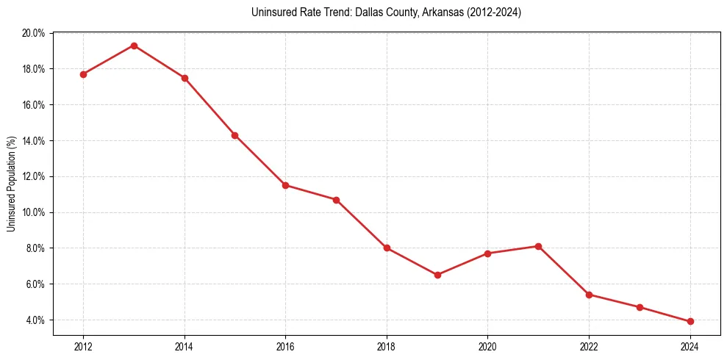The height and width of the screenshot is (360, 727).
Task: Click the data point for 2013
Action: click(134, 46)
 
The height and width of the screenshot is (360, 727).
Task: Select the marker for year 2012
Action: click(83, 74)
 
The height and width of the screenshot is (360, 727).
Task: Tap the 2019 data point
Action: click(437, 275)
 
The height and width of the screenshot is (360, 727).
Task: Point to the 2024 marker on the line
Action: click(690, 321)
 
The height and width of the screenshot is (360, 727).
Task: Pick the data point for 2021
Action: click(539, 246)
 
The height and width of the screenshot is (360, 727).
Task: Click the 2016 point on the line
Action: click(285, 185)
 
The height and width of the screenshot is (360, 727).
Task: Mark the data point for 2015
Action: click(234, 135)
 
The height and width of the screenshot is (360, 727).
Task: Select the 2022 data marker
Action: click(589, 295)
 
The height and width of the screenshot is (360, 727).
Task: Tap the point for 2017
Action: click(336, 200)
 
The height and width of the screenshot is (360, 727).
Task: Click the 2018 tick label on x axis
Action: click(387, 347)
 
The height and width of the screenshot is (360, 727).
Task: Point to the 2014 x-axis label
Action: click(185, 347)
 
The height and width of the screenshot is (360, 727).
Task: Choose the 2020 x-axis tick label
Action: click(488, 347)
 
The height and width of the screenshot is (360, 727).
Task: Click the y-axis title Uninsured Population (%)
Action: click(11, 184)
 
